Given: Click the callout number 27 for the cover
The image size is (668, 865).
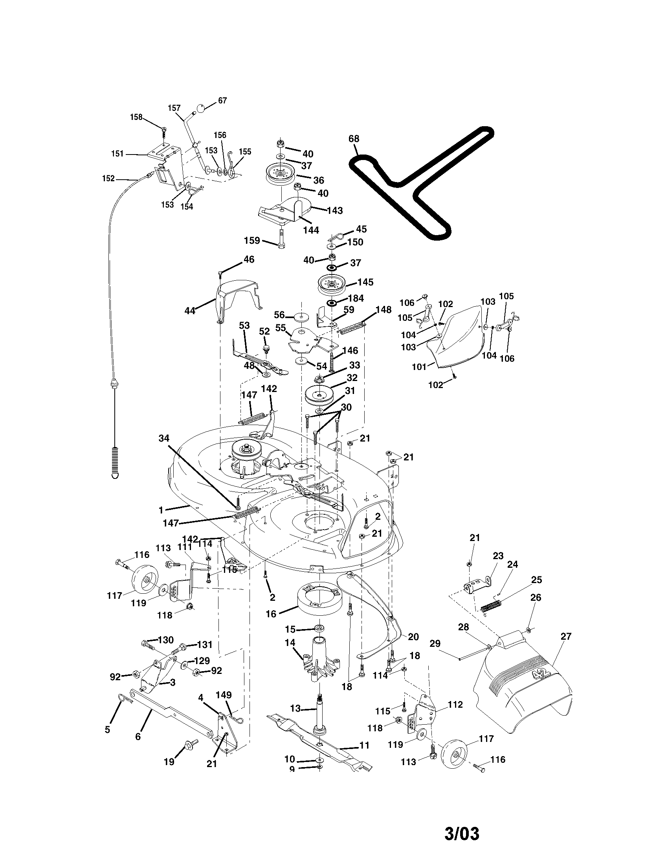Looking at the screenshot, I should (566, 637).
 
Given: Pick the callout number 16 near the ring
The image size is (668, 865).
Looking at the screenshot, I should (271, 614).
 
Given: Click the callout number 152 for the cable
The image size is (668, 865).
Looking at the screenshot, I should (108, 179).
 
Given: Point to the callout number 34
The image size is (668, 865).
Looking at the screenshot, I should (164, 438).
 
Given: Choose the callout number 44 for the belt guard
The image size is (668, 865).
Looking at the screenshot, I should (190, 311).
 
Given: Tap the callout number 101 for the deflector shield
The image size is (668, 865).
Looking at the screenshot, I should (419, 367).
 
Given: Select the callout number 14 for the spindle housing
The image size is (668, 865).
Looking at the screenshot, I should (290, 642).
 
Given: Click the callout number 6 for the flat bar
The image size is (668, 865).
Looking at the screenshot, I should (138, 736).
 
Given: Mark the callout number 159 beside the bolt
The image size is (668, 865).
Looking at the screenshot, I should (252, 240).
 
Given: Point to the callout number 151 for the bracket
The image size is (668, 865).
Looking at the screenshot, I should (117, 154).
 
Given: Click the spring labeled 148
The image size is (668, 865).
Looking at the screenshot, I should (352, 328).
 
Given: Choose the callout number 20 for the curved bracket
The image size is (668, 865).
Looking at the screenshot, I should (413, 637).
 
